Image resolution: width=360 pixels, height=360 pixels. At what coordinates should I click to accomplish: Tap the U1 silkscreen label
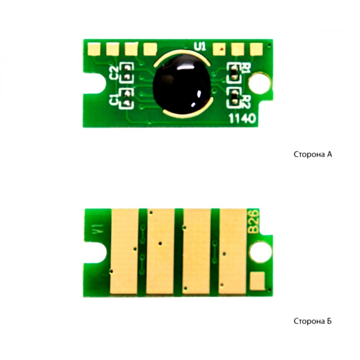pos(200,46)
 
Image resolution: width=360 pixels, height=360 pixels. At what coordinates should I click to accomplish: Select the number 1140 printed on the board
pos(242,119)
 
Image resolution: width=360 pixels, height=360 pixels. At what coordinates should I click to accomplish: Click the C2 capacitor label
pos(114,73)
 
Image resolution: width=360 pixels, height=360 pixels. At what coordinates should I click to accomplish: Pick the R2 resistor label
pos(246,102)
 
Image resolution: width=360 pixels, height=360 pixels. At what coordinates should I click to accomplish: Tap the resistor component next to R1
pos(234,72)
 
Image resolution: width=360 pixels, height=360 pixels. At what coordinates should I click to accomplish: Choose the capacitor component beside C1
pos(126,98)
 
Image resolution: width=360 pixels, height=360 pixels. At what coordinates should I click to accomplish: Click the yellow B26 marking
pos(254,222)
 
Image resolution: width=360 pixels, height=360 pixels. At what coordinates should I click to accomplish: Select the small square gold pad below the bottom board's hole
pos(257,281)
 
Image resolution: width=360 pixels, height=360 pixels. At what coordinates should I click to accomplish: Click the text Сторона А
pos(313,154)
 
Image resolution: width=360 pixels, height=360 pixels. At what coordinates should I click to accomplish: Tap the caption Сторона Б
pos(312,321)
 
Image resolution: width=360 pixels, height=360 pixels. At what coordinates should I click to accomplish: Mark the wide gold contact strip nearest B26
pos(232,252)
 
